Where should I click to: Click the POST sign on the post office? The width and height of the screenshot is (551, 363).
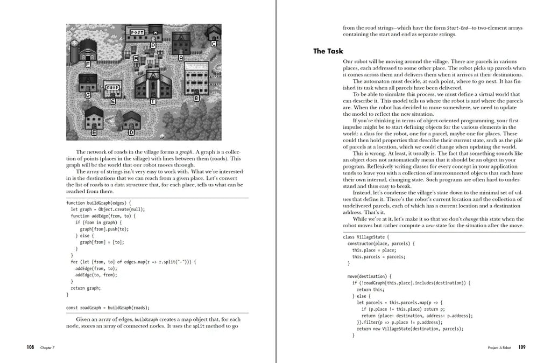pyautogui.click(x=137, y=32)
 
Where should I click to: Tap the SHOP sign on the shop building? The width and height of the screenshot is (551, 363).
pyautogui.click(x=112, y=87)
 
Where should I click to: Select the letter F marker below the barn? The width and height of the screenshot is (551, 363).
pyautogui.click(x=88, y=64)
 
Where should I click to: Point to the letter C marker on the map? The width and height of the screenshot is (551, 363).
pyautogui.click(x=214, y=44)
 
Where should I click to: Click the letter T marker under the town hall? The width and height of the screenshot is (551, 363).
pyautogui.click(x=153, y=101)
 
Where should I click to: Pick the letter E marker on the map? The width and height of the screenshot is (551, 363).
pyautogui.click(x=94, y=131)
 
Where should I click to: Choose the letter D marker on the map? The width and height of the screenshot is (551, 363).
pyautogui.click(x=131, y=131)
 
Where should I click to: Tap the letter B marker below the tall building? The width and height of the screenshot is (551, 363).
pyautogui.click(x=196, y=98)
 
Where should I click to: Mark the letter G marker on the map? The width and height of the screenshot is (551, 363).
pyautogui.click(x=87, y=95)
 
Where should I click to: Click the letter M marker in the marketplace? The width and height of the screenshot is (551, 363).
pyautogui.click(x=136, y=58)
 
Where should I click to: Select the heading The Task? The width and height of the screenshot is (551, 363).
pyautogui.click(x=328, y=51)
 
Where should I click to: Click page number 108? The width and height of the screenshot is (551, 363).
pyautogui.click(x=31, y=347)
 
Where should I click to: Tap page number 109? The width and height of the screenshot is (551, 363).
pyautogui.click(x=522, y=347)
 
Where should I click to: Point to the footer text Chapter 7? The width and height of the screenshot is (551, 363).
pyautogui.click(x=47, y=348)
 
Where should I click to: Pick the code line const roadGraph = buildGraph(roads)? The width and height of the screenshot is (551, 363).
pyautogui.click(x=108, y=308)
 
